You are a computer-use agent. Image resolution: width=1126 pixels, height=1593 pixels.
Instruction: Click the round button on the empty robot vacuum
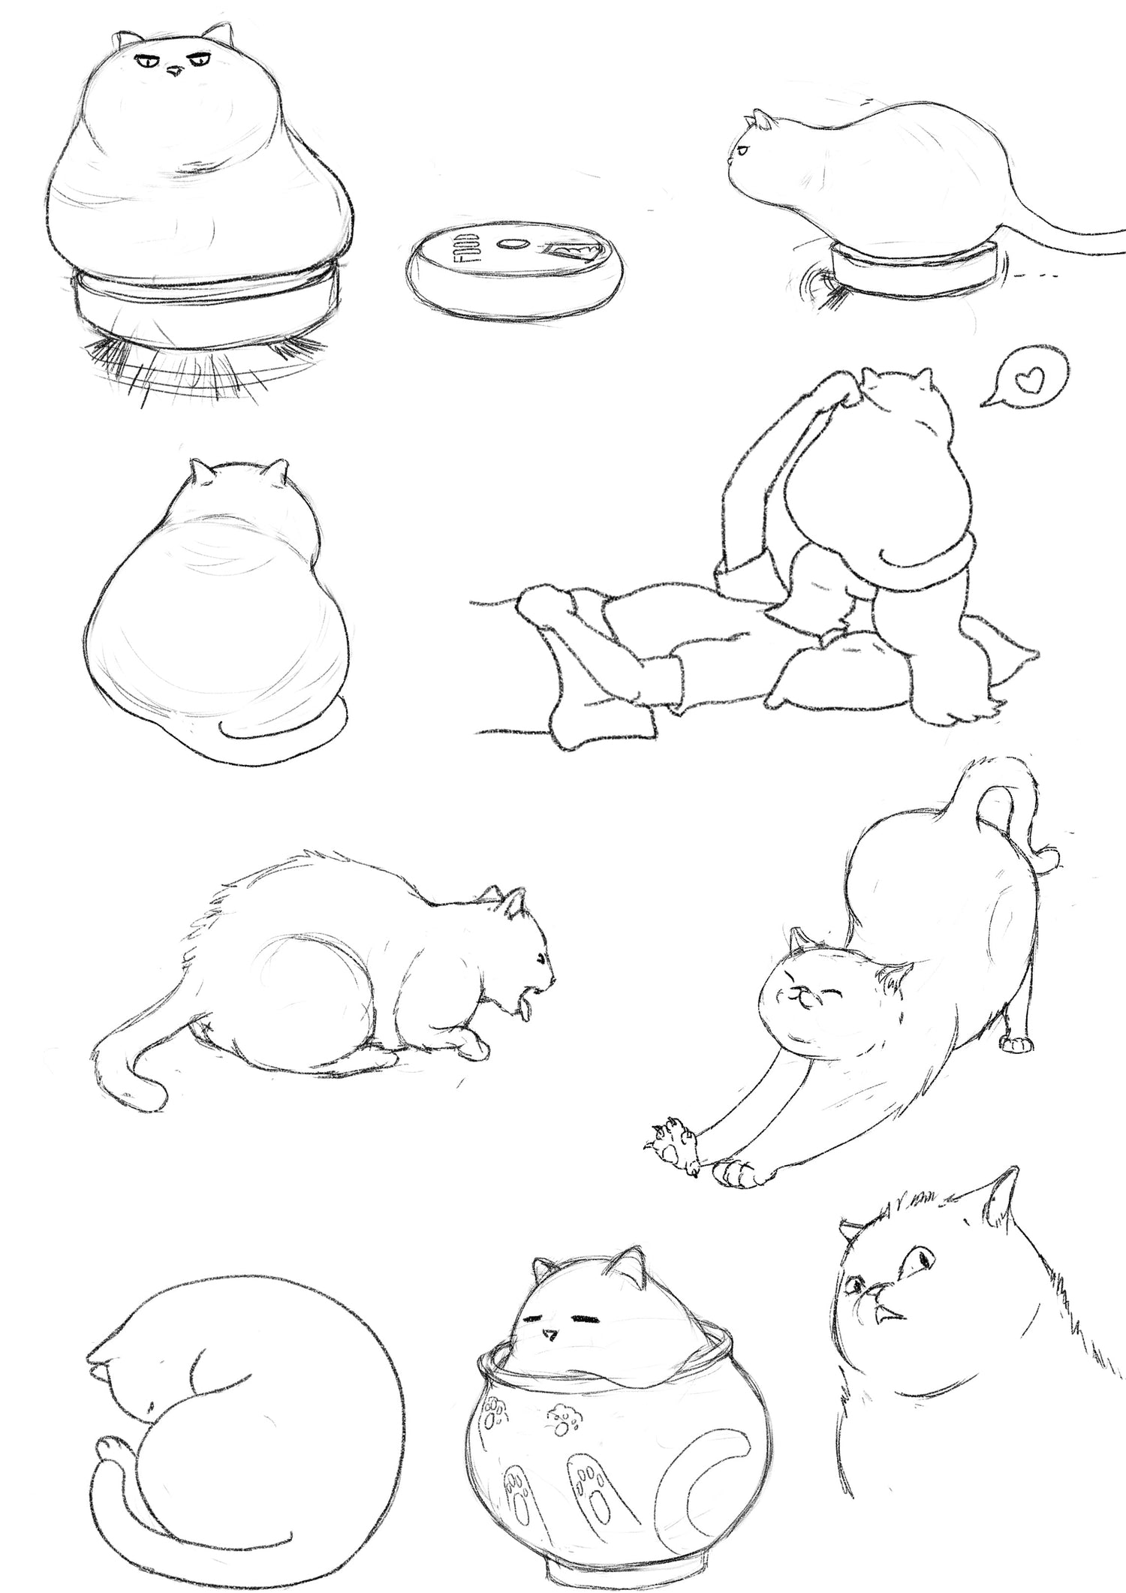(514, 245)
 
